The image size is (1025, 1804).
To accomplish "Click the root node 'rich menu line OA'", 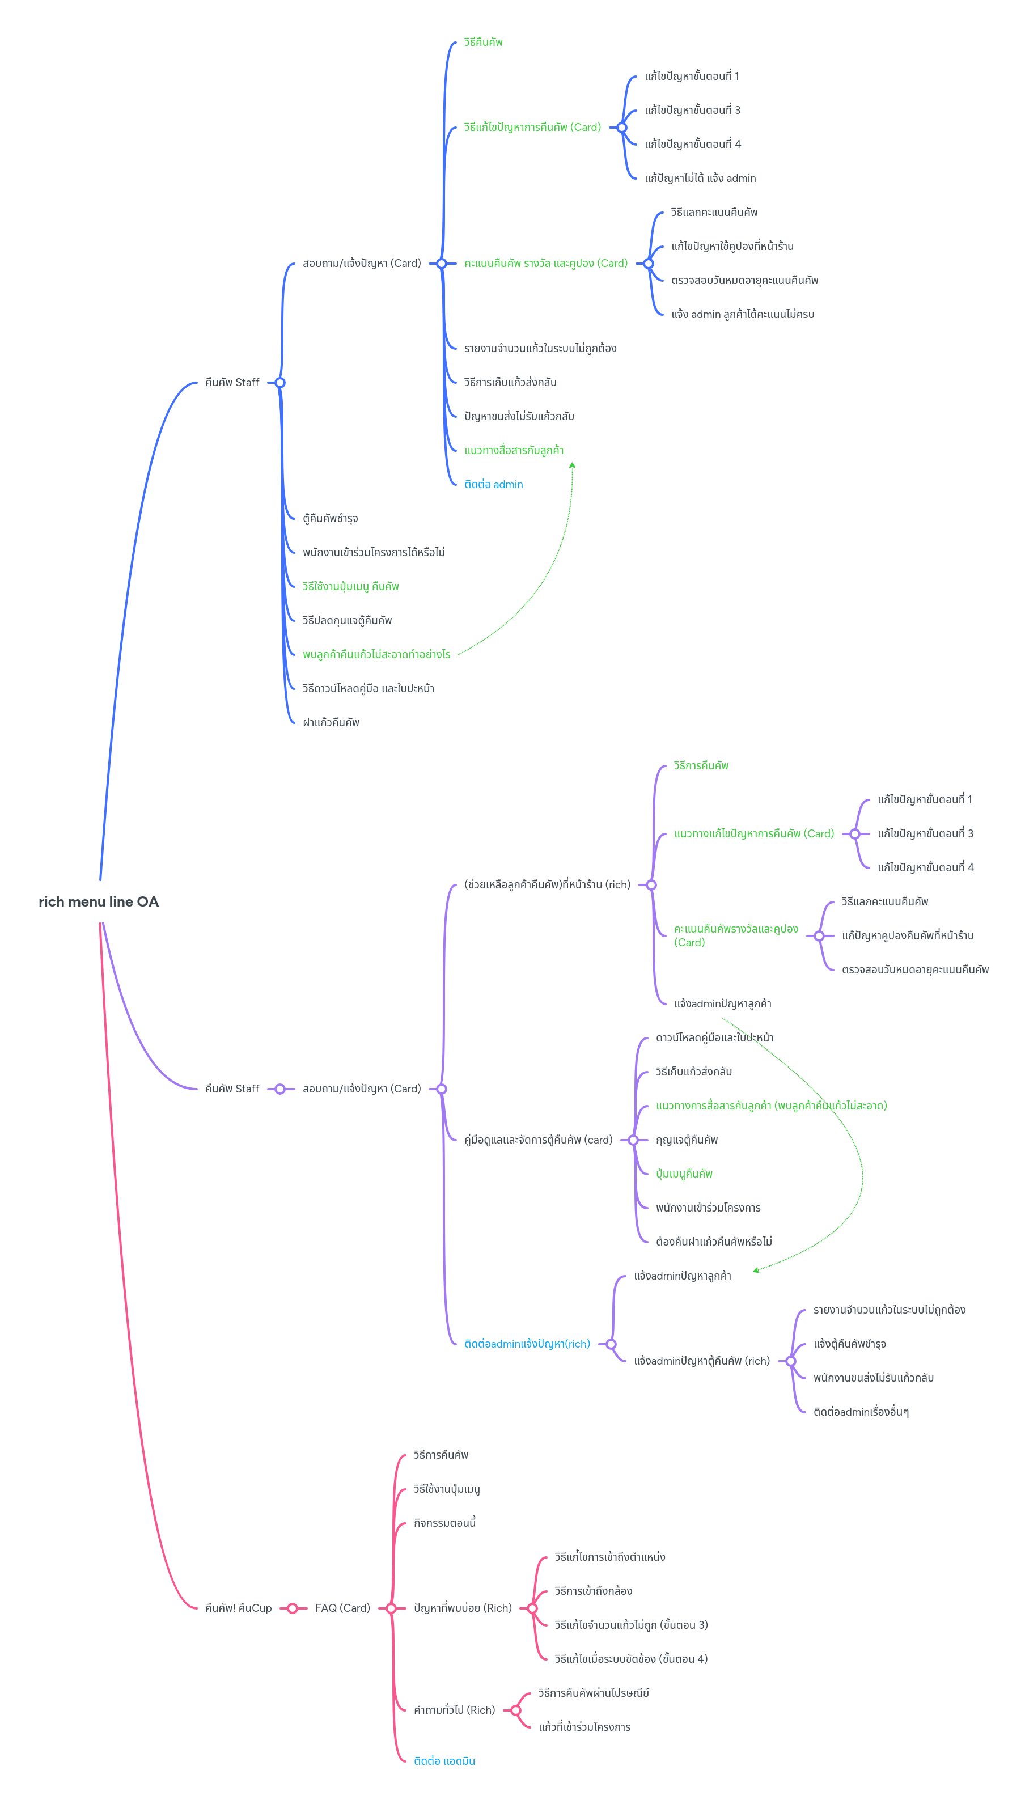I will pos(99,901).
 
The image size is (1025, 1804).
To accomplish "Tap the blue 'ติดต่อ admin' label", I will pos(493,484).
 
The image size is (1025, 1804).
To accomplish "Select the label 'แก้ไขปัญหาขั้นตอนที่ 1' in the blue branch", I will pos(691,76).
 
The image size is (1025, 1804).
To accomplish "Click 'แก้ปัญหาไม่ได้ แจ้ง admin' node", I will pos(700,178).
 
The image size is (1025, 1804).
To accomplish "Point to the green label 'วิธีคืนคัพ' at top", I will pos(483,42).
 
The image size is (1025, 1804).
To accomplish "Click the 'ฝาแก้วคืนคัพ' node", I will pos(331,722).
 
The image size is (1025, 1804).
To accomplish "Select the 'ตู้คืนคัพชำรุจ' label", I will pos(330,518).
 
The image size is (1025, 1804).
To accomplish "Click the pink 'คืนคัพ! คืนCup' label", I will pos(238,1608).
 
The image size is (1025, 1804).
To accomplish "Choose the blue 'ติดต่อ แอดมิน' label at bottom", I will pos(444,1760).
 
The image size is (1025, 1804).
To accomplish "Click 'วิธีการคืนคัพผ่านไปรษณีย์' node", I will pos(594,1693).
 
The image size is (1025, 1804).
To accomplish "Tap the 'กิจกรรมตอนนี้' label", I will pos(444,1522).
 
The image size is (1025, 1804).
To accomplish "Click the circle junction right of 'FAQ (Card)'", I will pos(391,1608).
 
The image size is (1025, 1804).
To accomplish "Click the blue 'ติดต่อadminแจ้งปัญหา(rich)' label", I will pos(527,1344).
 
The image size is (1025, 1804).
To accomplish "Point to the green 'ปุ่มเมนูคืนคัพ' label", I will pos(684,1174).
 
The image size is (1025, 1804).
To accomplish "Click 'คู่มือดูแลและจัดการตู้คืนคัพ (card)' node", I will pos(538,1140).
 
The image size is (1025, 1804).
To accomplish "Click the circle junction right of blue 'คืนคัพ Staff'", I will pos(280,382).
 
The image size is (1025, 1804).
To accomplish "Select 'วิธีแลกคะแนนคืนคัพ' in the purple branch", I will pos(884,901).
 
